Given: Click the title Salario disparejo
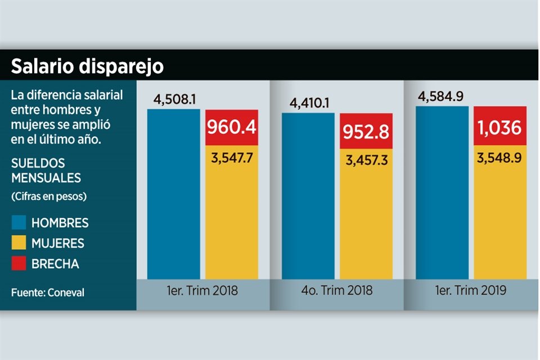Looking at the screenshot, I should pos(87,66).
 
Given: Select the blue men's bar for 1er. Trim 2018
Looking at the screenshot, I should pos(173,194).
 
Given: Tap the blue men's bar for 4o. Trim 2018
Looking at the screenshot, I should pos(308,197).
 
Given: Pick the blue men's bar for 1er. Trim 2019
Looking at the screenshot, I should pos(442,192).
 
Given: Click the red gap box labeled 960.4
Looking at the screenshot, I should pos(232,128).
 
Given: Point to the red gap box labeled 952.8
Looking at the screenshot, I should pos(366,131).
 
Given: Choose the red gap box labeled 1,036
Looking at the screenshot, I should pos(500,125).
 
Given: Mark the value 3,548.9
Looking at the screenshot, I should pos(499,157).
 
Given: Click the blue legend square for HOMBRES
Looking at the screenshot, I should pos(19,223).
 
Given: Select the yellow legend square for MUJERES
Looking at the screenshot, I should pos(19,243).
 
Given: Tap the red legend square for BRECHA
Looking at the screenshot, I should pos(19,263).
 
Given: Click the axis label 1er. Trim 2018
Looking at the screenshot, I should pos(203,291).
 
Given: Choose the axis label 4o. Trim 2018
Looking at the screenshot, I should pos(337,291).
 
